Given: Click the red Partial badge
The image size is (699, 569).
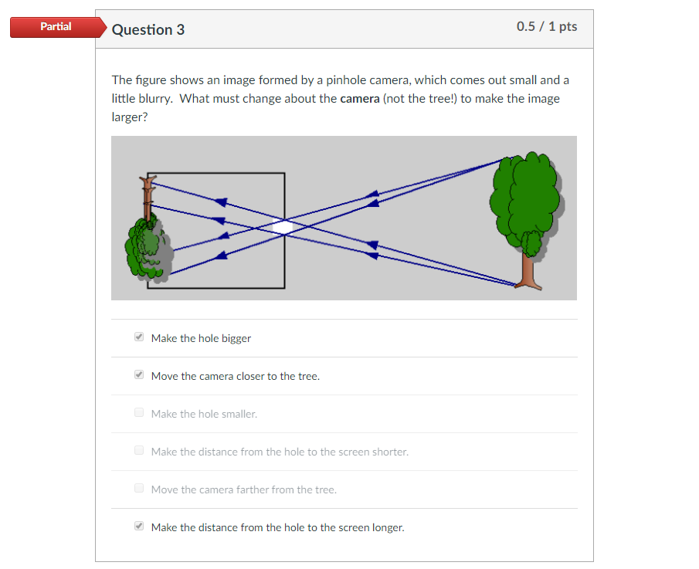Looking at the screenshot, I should pos(56,27).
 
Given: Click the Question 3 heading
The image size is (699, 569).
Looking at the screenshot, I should pos(148,29).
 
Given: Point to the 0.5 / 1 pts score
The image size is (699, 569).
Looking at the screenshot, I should pos(547,26).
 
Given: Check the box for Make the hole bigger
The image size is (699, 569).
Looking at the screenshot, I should pos(139,337).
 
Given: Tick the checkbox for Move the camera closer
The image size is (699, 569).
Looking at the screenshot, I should pos(139,375).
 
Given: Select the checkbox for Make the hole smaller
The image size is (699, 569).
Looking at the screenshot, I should pos(139,413).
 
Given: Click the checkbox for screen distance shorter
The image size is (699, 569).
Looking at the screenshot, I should pos(139,451).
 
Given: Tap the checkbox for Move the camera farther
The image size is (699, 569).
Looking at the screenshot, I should pos(139,489).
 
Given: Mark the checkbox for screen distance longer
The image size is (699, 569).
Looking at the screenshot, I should pos(139,527).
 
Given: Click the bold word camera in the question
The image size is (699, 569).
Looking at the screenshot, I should pos(360,99).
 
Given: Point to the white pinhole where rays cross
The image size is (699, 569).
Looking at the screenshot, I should pos(284,227).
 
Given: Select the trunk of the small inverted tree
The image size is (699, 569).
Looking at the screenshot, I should pos(148,197).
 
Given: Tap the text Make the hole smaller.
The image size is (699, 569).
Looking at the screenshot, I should pos(204,414).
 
